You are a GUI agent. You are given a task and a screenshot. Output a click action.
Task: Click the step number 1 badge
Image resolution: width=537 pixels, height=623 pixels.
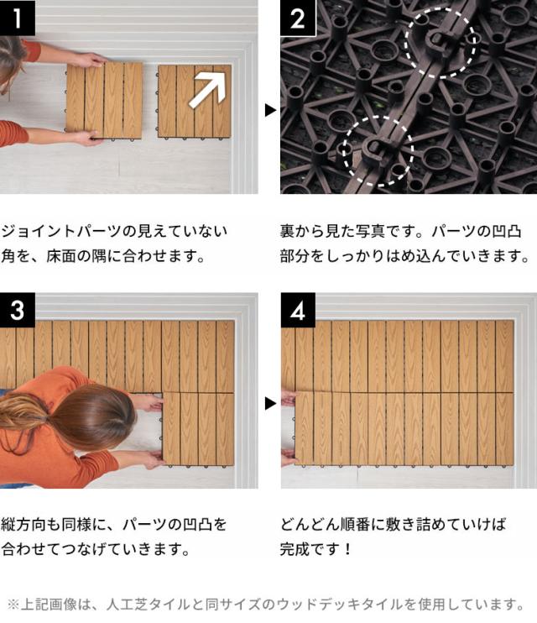pyautogui.click(x=17, y=18)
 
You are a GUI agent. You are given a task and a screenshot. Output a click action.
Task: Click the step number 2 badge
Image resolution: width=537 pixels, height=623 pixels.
pyautogui.click(x=297, y=18)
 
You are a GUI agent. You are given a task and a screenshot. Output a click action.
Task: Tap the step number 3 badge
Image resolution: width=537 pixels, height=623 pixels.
pyautogui.click(x=17, y=310)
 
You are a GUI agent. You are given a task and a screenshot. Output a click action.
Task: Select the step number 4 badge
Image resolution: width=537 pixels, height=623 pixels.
pyautogui.click(x=297, y=310)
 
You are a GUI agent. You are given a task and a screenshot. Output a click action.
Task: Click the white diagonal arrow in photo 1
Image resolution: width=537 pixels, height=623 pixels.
pyautogui.click(x=207, y=90)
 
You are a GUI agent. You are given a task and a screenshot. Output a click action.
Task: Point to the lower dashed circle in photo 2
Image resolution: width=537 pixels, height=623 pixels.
pyautogui.click(x=377, y=149)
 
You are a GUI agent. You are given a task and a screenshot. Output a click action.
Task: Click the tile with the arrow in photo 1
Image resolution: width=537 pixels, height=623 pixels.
pyautogui.click(x=194, y=101)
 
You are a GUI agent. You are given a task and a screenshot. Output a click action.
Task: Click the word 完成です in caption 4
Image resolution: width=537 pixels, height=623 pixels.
pyautogui.click(x=311, y=550)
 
